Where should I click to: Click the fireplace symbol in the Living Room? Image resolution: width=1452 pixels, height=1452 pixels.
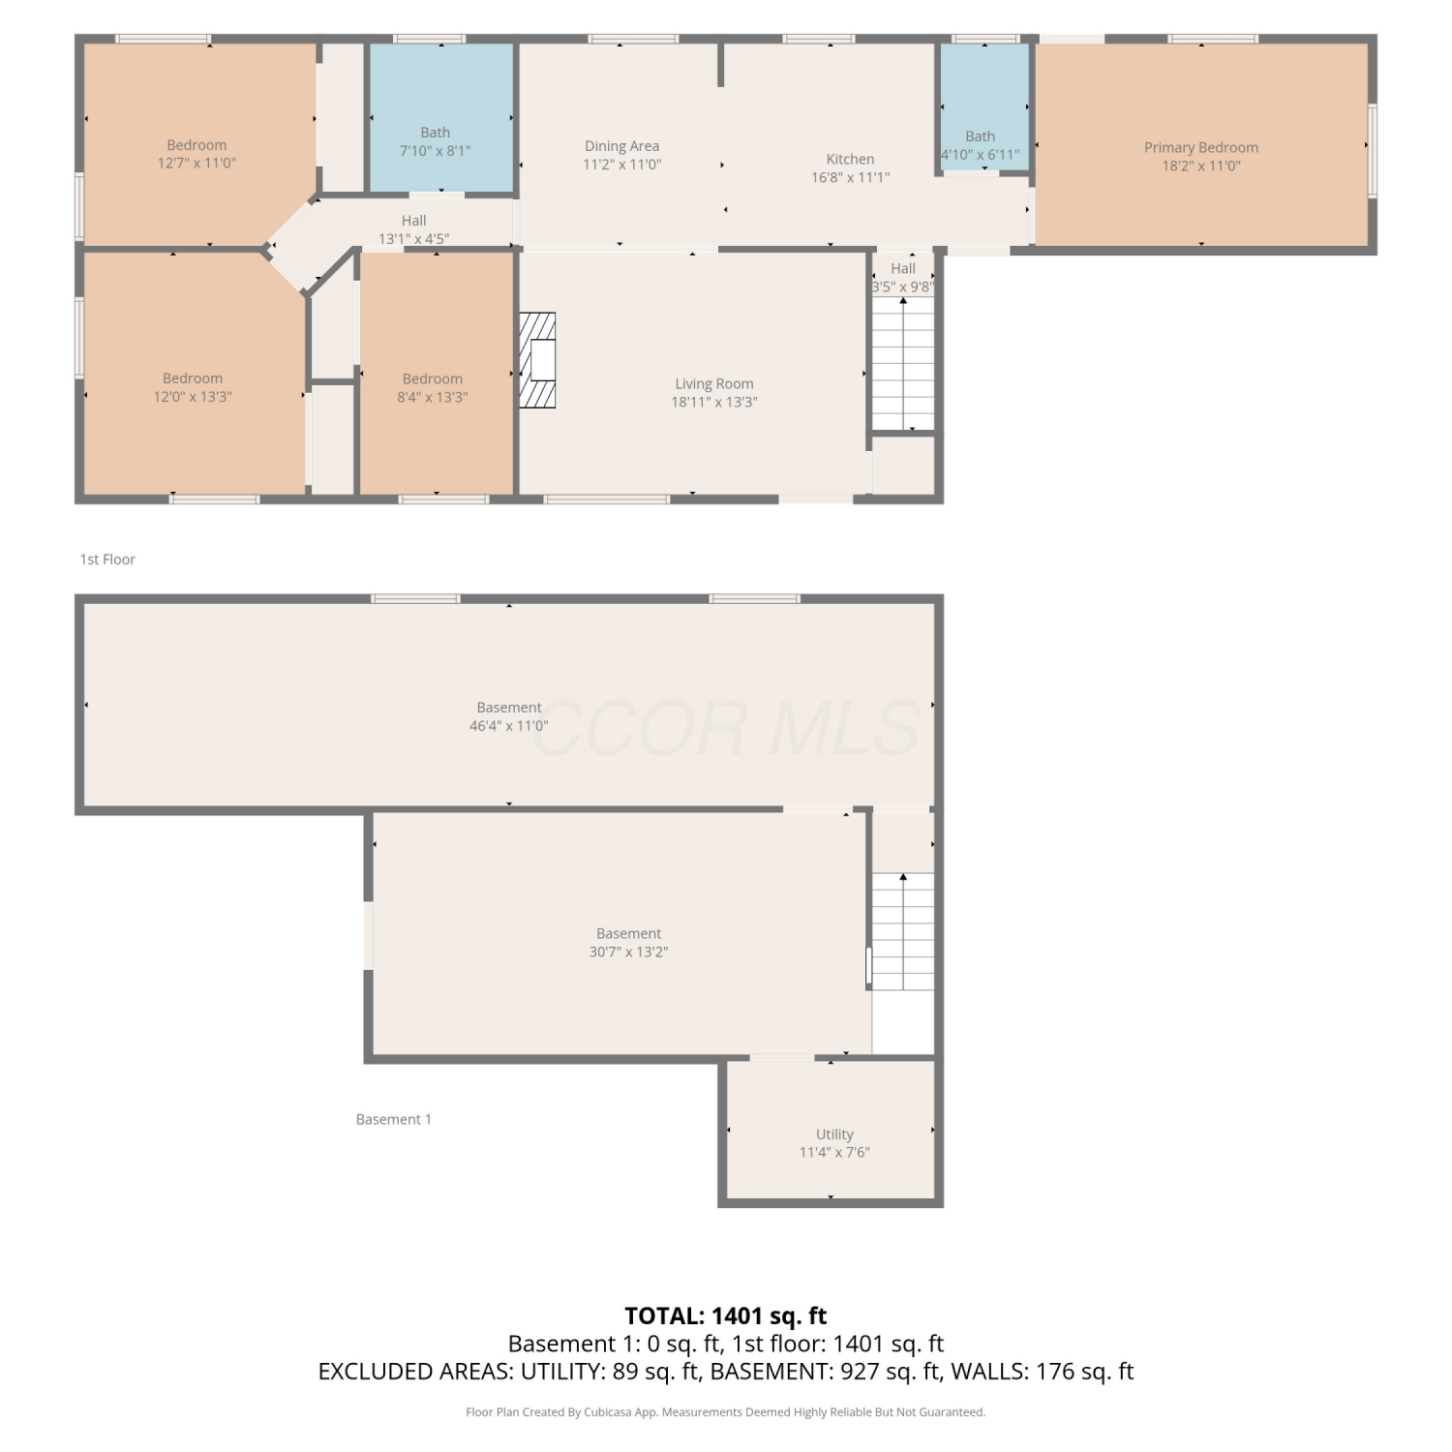(537, 360)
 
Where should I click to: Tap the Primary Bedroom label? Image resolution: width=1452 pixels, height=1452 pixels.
(1201, 147)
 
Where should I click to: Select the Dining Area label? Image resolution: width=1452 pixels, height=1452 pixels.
(621, 146)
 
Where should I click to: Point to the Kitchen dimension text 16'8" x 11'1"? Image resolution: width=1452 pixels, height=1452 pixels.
(850, 177)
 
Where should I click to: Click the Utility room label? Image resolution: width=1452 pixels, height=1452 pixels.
(834, 1134)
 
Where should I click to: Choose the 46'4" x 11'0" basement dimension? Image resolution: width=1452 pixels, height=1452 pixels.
(509, 725)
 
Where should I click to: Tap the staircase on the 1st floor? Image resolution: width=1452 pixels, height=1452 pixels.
(903, 363)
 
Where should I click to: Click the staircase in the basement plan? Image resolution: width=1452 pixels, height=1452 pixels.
(903, 931)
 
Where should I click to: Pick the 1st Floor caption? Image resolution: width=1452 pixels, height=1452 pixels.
(107, 560)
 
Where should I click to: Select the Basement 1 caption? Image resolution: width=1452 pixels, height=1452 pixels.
(393, 1119)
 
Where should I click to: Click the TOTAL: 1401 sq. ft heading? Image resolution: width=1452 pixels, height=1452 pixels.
(726, 1316)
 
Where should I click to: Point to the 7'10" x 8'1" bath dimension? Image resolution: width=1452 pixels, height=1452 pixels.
(435, 151)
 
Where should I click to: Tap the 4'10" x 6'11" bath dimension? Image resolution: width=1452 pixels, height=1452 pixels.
(980, 155)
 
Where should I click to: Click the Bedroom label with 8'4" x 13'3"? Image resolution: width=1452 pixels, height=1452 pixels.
(433, 378)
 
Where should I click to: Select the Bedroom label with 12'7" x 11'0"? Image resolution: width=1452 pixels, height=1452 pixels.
(197, 145)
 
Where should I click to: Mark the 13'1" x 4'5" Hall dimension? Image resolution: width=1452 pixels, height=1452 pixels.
(413, 238)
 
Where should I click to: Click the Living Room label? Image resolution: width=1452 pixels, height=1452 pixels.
(714, 383)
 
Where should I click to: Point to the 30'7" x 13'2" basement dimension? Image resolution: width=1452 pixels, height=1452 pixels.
(629, 952)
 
